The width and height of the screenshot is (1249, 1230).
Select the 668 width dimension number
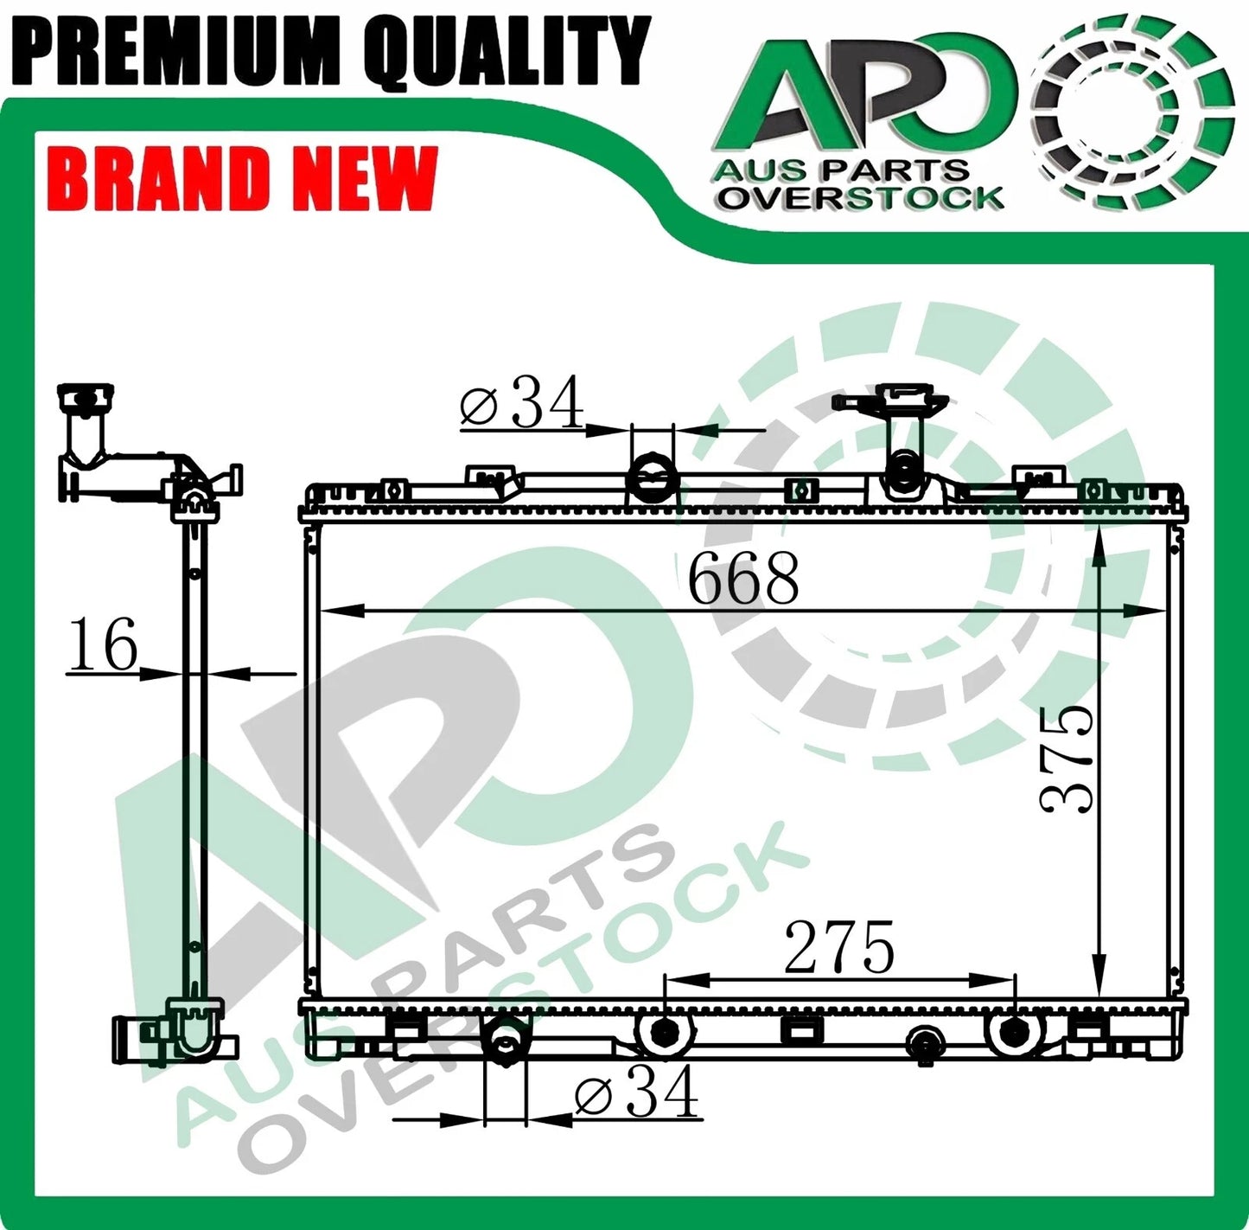(743, 578)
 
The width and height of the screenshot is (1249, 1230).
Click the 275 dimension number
(838, 948)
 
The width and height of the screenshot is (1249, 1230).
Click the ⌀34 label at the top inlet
(522, 402)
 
